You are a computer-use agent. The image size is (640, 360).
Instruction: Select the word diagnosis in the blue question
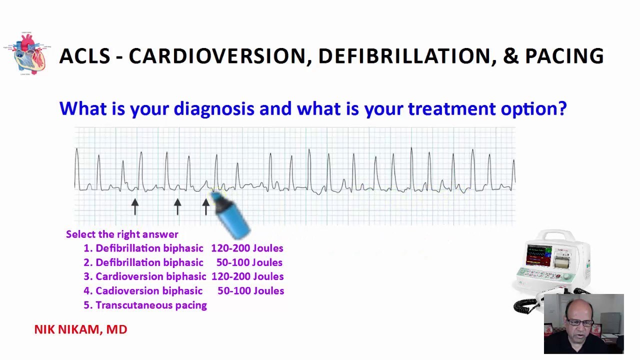point(213,109)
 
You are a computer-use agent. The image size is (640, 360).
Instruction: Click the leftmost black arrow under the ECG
point(134,206)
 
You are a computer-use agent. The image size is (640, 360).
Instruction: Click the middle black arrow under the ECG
point(177,206)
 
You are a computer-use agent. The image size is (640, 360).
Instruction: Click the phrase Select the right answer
point(122,234)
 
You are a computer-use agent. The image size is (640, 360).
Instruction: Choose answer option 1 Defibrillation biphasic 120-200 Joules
point(183,248)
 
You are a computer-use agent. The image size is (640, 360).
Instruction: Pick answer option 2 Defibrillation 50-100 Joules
point(183,262)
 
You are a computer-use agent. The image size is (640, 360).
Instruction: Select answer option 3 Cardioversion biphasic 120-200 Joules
point(183,276)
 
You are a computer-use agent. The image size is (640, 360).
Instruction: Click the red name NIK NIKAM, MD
point(80,329)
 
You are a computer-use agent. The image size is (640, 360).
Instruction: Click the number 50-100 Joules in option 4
point(250,291)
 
